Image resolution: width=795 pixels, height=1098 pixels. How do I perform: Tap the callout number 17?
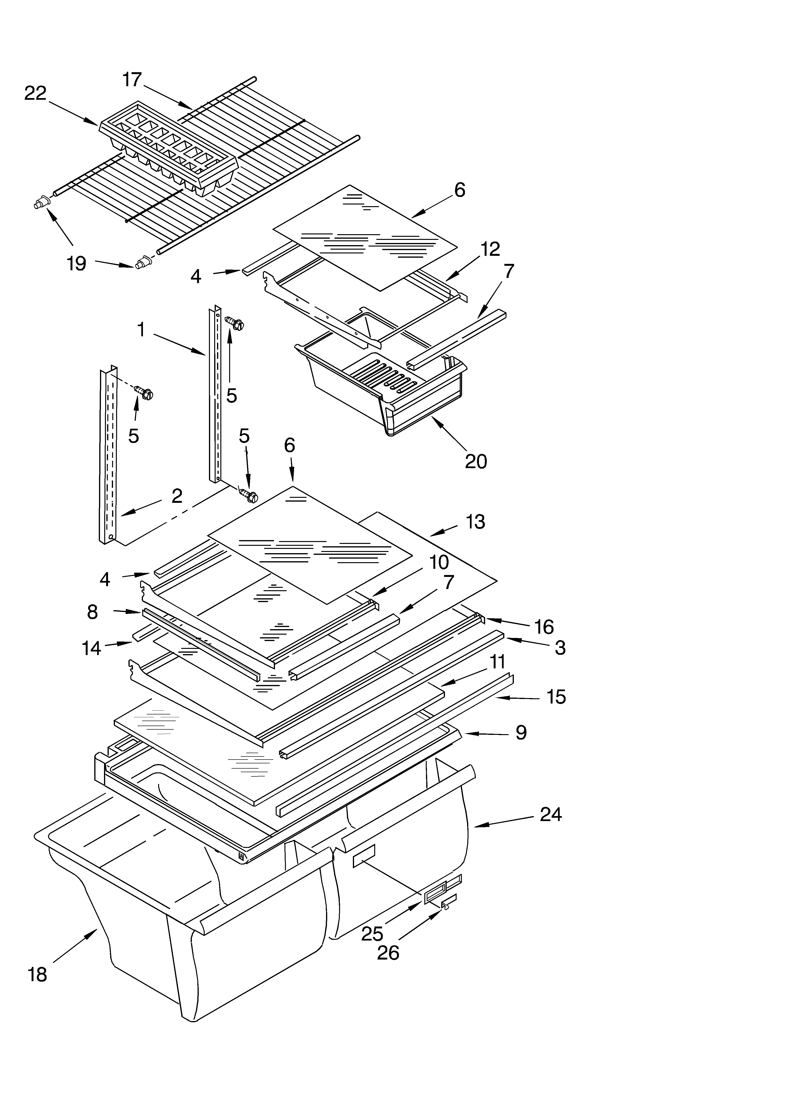coord(132,79)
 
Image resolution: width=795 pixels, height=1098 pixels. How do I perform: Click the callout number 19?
coord(76,264)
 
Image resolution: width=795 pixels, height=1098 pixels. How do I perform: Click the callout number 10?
coord(439,562)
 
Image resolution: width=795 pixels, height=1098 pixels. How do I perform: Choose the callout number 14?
coord(91,648)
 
